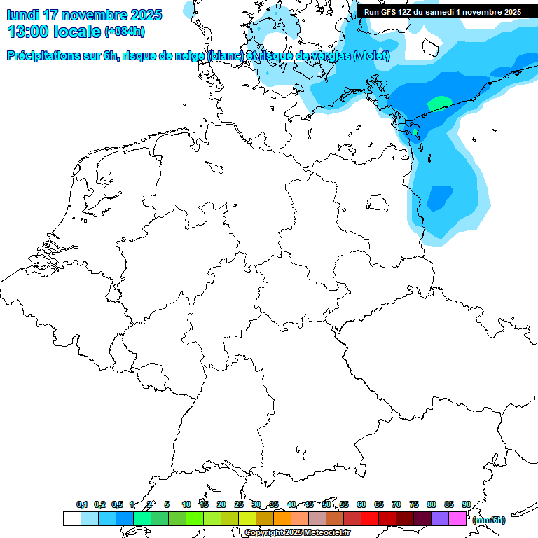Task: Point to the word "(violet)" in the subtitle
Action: (371, 56)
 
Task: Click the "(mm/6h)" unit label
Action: (488, 520)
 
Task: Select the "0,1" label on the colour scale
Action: (82, 504)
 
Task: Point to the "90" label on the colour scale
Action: (466, 504)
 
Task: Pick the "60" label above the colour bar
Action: (361, 504)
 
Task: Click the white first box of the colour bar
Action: (71, 518)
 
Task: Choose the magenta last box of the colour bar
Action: (457, 518)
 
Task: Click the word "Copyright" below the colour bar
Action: (263, 533)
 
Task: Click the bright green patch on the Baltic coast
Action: (439, 104)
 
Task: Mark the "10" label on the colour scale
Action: (186, 504)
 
